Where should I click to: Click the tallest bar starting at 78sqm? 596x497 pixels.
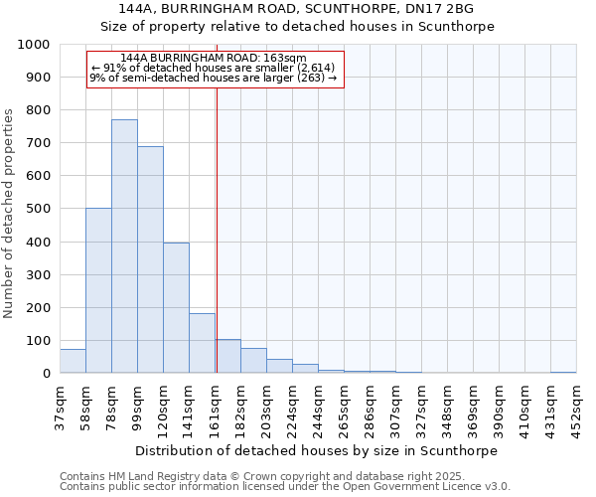(x=124, y=247)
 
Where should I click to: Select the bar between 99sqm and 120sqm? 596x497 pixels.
(x=150, y=259)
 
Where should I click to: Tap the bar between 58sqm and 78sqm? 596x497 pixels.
(x=98, y=290)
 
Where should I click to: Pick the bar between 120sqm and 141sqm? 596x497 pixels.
(x=176, y=308)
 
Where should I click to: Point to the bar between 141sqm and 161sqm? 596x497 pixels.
(x=202, y=343)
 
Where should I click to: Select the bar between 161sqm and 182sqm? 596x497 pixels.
(x=227, y=356)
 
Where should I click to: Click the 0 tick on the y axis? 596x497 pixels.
(x=46, y=374)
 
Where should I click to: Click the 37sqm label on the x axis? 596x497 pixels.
(x=60, y=408)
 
